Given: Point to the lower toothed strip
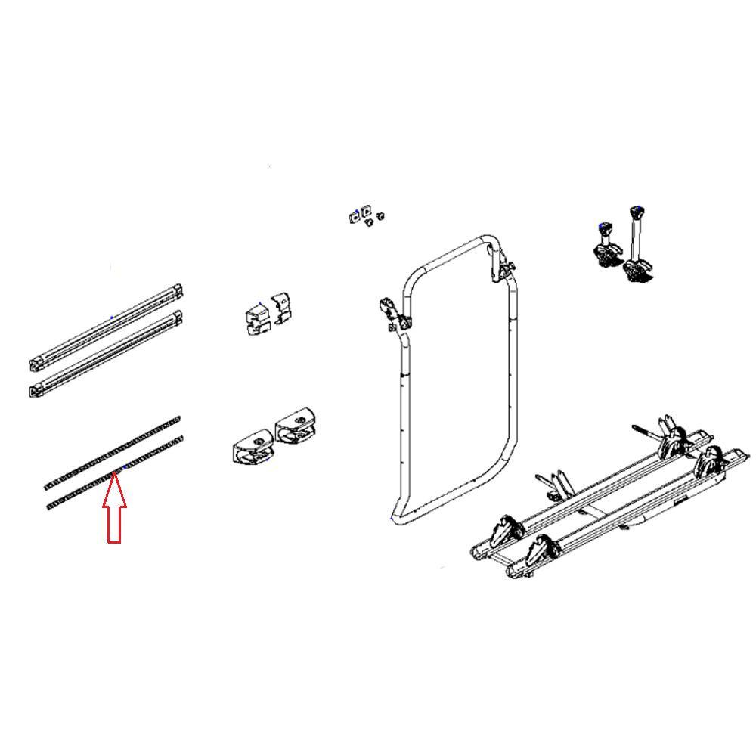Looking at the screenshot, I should coord(113,474).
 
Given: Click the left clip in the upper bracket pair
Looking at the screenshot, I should coord(256,318).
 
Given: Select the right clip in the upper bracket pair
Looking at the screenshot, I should coord(281,308).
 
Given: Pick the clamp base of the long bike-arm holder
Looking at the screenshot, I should coord(637,268).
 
